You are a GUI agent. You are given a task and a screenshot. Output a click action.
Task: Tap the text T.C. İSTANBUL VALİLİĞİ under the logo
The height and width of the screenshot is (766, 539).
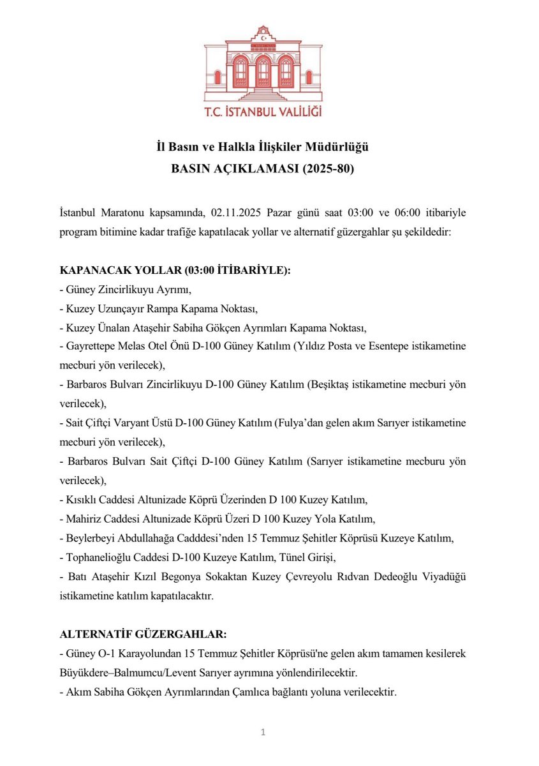263,112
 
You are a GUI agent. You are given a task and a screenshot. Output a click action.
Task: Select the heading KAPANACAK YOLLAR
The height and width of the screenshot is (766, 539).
119,271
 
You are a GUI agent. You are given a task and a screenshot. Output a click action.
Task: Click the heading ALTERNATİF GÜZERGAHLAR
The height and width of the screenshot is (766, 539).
142,635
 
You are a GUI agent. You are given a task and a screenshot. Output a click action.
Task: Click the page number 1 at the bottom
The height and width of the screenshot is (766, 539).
262,732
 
